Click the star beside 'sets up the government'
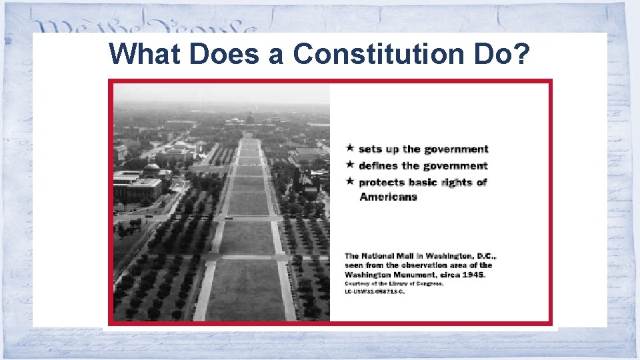tap(349, 148)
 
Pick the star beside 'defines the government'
tap(349, 165)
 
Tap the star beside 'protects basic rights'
tap(349, 181)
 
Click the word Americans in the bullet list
tap(388, 197)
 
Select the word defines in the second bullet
tap(378, 165)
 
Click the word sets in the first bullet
tap(370, 149)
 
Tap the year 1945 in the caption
tap(475, 274)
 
